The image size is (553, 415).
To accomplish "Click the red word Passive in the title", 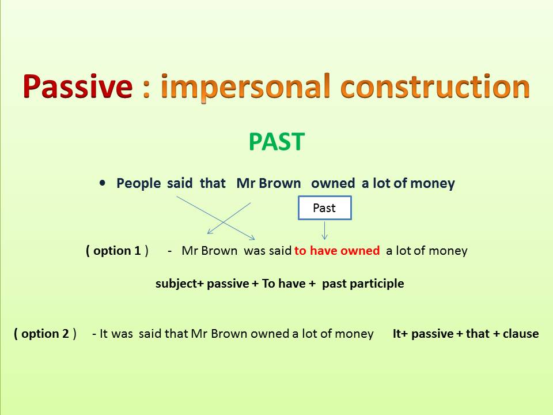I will [x=78, y=87].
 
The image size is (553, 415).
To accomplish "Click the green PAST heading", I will [x=276, y=142].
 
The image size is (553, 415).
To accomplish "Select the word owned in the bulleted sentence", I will [x=333, y=183].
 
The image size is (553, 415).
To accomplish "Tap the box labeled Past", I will [x=324, y=208].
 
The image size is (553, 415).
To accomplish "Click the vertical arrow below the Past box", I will [x=325, y=230].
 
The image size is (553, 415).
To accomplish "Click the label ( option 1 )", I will [x=117, y=251].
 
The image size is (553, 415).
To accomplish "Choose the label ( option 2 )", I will [x=46, y=334].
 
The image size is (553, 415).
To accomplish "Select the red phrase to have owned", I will [x=337, y=251].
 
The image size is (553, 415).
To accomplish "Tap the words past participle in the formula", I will [x=363, y=284].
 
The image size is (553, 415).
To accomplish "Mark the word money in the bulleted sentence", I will [x=435, y=183].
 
